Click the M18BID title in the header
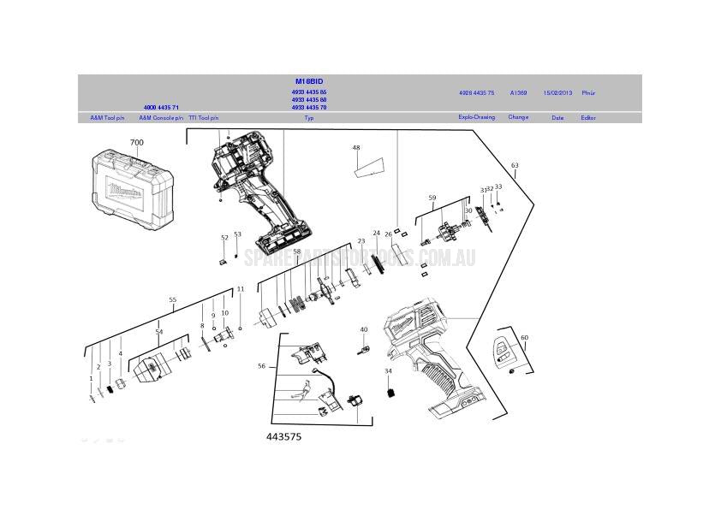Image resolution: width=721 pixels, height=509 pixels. click(309, 81)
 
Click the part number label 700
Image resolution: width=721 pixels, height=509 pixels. click(137, 143)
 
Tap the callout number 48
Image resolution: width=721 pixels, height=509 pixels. click(356, 148)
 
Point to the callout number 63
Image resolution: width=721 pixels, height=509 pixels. click(515, 165)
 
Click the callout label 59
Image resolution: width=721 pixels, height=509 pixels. click(432, 198)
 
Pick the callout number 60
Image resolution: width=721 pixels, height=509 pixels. click(525, 338)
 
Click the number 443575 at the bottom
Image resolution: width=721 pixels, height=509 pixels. click(283, 436)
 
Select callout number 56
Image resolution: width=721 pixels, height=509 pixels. click(262, 366)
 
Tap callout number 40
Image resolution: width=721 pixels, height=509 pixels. click(364, 329)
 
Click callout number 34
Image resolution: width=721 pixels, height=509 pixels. click(388, 371)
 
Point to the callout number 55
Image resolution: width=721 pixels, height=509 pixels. click(173, 300)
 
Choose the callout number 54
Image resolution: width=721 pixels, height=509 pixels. click(158, 331)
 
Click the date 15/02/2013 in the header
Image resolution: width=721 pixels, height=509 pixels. click(557, 92)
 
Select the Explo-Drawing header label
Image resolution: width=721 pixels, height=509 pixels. click(476, 117)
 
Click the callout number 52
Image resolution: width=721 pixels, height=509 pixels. click(224, 238)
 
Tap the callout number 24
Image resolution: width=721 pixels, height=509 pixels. click(376, 233)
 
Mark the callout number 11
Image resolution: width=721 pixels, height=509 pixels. click(241, 289)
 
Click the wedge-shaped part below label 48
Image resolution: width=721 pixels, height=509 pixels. click(367, 166)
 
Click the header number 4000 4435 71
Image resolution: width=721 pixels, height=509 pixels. click(161, 108)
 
